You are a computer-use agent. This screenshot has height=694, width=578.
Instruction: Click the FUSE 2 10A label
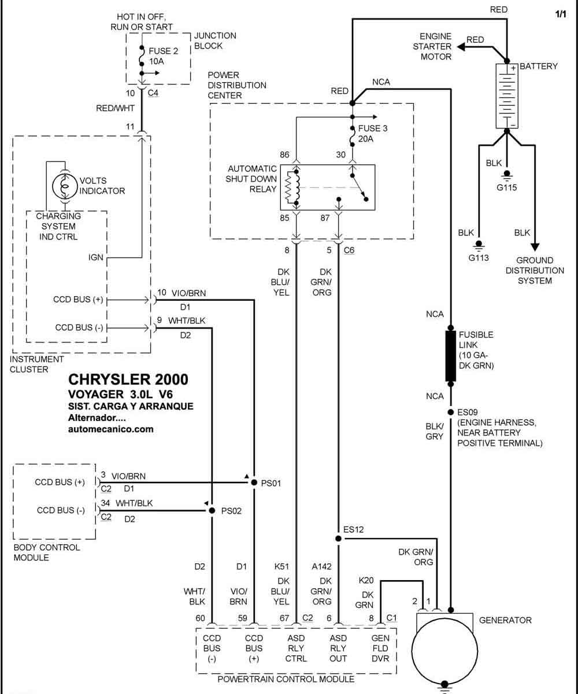164,56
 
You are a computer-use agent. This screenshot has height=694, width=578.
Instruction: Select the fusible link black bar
450,356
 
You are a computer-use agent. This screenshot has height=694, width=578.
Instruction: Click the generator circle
444,651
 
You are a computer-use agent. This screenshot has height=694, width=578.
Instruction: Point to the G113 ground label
479,257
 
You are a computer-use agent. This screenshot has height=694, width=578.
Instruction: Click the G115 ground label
506,187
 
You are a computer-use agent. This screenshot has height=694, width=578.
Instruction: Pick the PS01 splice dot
254,482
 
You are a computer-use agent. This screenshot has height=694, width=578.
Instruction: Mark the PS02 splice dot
212,510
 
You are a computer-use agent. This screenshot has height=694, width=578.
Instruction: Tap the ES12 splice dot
338,538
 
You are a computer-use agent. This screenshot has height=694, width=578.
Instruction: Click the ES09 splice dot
450,412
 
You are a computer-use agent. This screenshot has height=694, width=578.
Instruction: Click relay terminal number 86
284,154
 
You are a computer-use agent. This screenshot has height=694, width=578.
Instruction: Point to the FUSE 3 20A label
373,133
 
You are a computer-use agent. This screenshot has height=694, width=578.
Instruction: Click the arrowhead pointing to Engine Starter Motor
461,47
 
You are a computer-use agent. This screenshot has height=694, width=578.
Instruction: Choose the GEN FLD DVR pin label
380,648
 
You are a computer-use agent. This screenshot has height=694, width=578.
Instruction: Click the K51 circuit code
281,566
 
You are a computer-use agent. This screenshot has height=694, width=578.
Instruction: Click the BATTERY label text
539,66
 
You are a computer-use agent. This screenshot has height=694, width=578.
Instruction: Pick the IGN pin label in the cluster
96,257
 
